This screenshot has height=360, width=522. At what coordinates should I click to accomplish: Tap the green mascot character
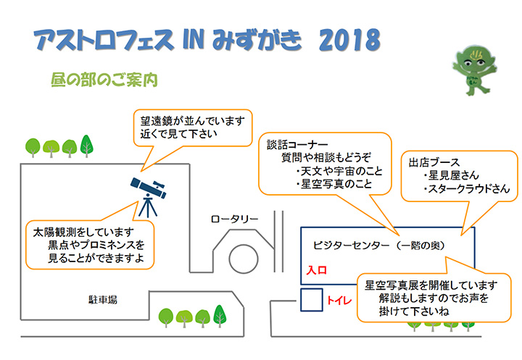(474, 70)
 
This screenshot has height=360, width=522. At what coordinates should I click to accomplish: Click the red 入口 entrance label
(317, 270)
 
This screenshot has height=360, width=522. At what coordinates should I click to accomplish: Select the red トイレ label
(339, 301)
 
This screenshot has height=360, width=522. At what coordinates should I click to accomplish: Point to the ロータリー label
(234, 219)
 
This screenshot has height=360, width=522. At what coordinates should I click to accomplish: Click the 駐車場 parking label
(102, 300)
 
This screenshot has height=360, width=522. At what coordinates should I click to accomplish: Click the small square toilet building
(312, 300)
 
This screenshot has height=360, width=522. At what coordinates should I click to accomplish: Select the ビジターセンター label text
(351, 246)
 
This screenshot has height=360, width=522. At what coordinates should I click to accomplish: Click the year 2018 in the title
(349, 40)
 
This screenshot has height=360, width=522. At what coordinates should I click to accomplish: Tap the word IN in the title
(193, 40)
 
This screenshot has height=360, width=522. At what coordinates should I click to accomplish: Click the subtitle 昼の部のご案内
(104, 80)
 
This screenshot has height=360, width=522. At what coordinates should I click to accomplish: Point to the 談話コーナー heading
(297, 145)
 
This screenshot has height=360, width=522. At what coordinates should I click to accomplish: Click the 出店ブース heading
(434, 163)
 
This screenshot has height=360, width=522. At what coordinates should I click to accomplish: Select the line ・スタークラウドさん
(466, 188)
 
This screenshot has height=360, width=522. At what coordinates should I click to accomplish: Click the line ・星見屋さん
(451, 175)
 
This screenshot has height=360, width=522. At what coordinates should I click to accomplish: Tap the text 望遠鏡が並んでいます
(193, 121)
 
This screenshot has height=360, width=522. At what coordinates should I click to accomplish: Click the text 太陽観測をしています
(83, 232)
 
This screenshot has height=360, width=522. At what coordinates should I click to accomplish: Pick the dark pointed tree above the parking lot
(86, 146)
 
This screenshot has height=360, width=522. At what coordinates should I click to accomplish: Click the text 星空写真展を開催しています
(431, 285)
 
